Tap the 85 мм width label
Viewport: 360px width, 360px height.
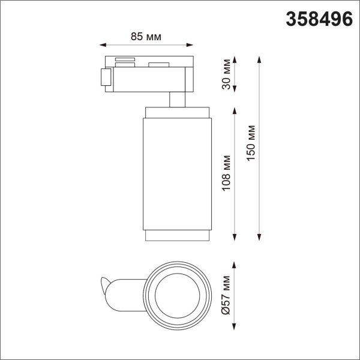point(146,37)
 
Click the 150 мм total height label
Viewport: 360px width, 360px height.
point(251,146)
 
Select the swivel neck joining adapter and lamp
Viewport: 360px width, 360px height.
point(177,99)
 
